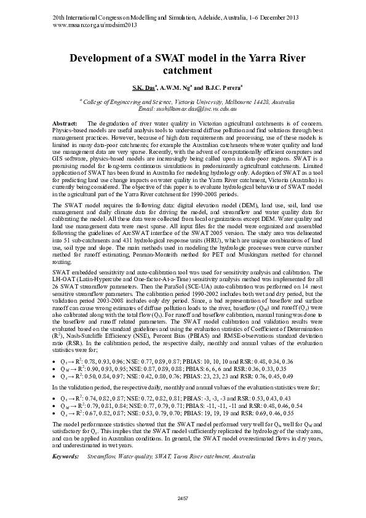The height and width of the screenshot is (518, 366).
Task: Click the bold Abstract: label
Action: [65, 124]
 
